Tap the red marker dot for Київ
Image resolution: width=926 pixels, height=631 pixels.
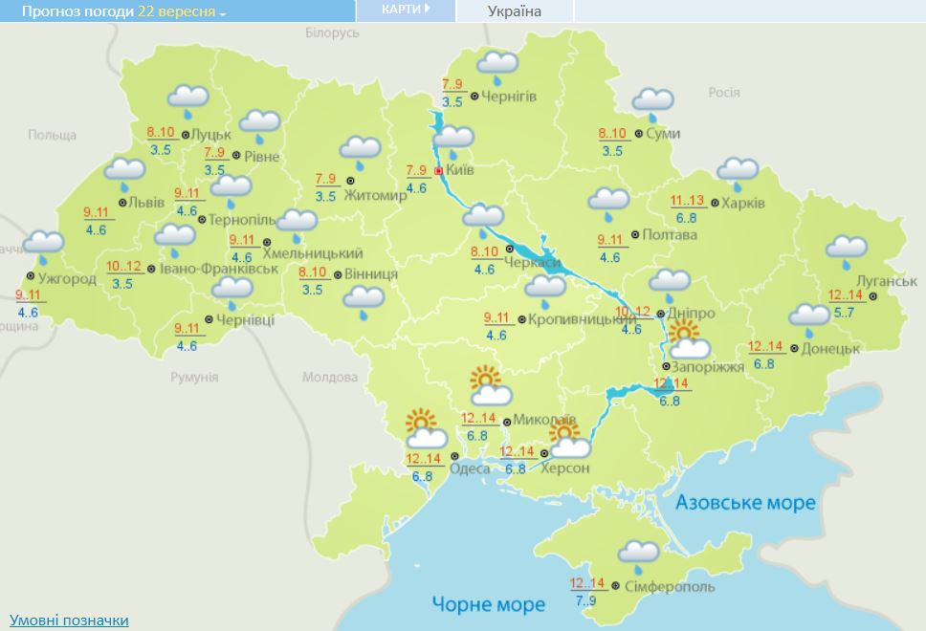coord(439,171)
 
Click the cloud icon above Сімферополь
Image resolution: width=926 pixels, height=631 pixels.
coord(638,555)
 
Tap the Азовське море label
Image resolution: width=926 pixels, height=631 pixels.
coord(745,503)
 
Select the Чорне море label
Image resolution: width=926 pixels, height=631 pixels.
coord(488,604)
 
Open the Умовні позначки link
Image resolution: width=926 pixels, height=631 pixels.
coord(68,620)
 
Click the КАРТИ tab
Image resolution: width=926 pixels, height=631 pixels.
coord(405,10)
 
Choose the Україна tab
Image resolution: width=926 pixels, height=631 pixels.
coord(514,11)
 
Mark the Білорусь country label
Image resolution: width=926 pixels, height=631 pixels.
coord(332,33)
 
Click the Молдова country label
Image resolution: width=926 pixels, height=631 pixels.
coord(329,377)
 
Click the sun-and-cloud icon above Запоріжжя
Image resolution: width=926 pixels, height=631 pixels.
coord(687,340)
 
